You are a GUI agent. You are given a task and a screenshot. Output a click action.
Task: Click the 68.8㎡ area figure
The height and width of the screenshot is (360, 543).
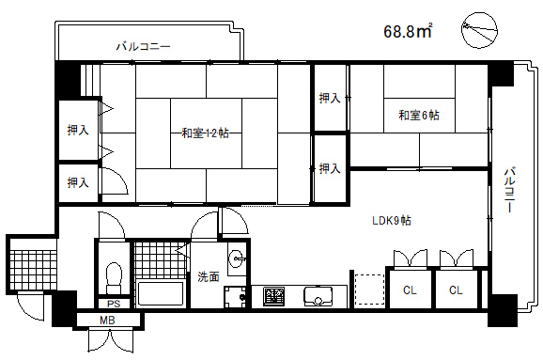(x=408, y=31)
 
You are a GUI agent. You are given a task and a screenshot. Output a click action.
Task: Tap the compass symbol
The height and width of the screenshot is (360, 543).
(x=480, y=30)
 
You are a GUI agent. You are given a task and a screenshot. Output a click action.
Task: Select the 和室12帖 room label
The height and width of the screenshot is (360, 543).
(x=205, y=133)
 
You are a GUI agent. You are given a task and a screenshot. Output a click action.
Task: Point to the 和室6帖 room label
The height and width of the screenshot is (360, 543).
(x=419, y=115)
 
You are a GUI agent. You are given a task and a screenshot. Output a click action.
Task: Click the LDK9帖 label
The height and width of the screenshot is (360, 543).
(x=392, y=221)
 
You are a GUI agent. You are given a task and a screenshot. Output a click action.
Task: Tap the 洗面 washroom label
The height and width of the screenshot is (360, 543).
(x=209, y=276)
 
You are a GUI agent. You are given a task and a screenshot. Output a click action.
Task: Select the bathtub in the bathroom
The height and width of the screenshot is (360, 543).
(x=161, y=293)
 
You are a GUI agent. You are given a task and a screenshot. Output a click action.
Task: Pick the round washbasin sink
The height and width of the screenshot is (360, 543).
(x=237, y=258)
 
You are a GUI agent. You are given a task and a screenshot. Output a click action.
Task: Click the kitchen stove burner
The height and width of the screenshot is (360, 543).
(x=273, y=297)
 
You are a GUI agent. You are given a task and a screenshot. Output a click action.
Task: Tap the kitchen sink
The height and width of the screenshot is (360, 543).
(x=318, y=297)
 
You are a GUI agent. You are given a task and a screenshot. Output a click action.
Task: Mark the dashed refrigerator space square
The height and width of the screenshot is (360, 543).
(x=369, y=290)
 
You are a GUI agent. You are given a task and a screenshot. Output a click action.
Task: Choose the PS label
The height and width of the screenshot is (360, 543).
(x=114, y=305)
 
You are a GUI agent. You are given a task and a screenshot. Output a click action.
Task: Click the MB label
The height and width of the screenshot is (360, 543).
(x=107, y=321)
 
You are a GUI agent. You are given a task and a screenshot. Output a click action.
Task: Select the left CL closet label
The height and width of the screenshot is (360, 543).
(x=410, y=290)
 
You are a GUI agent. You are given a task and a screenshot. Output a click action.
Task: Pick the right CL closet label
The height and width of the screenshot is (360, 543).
(x=456, y=290)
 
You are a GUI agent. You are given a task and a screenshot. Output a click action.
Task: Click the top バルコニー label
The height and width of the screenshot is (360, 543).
(x=143, y=46)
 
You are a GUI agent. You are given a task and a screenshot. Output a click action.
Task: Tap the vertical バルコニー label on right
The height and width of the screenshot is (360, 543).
(x=509, y=190)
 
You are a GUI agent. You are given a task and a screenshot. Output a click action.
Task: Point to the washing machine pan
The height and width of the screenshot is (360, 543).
(x=235, y=297)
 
